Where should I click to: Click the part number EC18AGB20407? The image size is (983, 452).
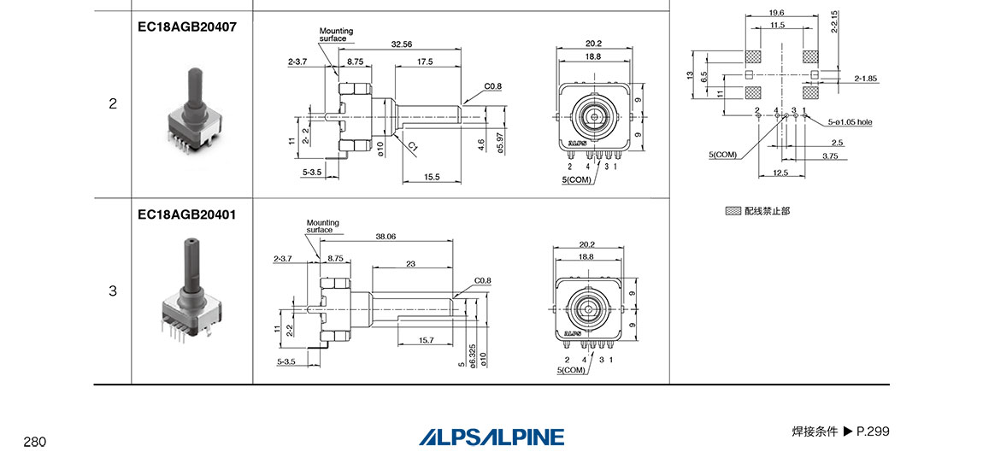click(187, 27)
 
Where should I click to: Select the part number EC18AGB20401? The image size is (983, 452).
click(187, 214)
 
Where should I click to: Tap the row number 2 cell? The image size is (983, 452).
click(113, 103)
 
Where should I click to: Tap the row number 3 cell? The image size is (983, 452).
click(113, 291)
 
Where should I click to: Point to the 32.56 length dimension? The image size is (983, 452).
click(401, 44)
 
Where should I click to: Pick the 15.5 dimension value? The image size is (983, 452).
click(432, 178)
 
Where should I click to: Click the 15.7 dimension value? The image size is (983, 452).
click(426, 340)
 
